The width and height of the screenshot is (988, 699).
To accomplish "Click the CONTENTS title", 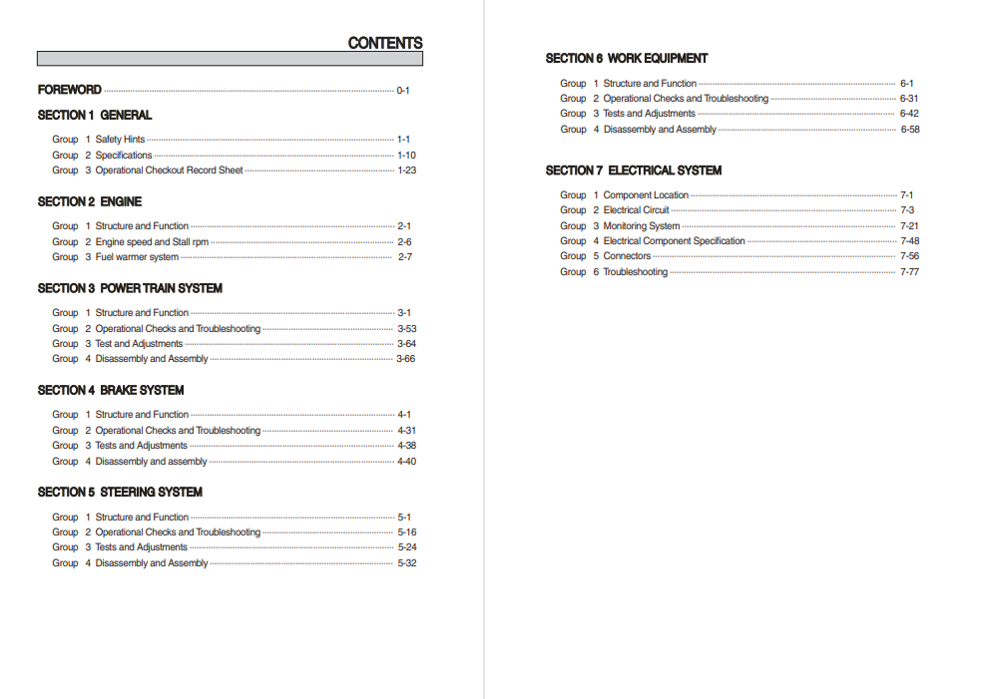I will click(x=384, y=43).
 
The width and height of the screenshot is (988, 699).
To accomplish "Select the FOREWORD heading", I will click(x=70, y=90).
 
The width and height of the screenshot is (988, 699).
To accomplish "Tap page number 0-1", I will click(x=403, y=91).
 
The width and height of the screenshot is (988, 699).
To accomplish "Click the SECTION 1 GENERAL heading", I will click(x=95, y=116).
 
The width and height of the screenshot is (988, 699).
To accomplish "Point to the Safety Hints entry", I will click(x=120, y=140).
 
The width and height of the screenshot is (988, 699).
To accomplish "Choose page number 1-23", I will click(x=406, y=171).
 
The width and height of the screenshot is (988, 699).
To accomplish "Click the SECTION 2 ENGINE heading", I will click(x=90, y=201).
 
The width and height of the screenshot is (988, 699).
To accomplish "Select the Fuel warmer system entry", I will click(x=137, y=257).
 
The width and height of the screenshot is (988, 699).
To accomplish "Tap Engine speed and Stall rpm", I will click(x=152, y=242).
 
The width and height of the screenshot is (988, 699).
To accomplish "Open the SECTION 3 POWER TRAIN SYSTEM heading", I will click(x=130, y=288).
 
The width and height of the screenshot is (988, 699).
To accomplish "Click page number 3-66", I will click(x=405, y=359).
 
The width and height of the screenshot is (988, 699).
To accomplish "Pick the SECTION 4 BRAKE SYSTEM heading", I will click(x=111, y=390).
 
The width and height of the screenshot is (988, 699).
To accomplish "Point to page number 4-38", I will click(x=406, y=446).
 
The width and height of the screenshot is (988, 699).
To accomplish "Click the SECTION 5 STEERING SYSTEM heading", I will click(x=120, y=492).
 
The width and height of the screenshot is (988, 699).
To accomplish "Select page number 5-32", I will click(x=406, y=563).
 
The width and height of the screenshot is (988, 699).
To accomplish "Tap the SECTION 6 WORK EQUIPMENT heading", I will click(x=627, y=58).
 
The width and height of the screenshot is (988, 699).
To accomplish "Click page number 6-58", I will click(x=910, y=130).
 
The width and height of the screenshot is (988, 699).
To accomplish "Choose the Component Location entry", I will click(x=646, y=195).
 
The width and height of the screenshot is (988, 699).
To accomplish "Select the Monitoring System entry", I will click(x=642, y=226).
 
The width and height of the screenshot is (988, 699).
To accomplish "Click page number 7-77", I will click(x=909, y=272).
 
